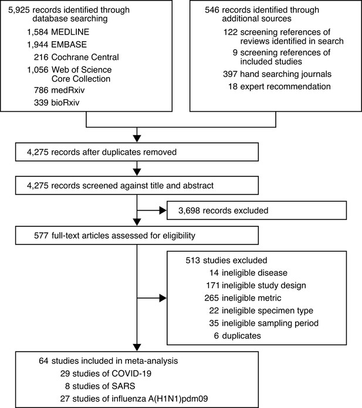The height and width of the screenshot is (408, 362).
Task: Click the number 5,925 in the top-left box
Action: click(x=19, y=10)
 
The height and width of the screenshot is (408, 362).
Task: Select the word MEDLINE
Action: click(x=70, y=32)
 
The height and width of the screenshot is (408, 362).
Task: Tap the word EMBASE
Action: click(x=69, y=45)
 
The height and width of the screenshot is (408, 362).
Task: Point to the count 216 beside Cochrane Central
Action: click(x=41, y=57)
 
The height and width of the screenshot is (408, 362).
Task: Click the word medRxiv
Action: click(x=68, y=90)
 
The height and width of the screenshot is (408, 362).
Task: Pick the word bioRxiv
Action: click(x=66, y=102)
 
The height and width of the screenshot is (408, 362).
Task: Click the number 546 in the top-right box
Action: click(x=212, y=10)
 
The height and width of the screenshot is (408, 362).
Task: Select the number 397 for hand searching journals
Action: click(x=230, y=74)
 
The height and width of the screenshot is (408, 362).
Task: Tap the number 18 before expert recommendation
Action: click(x=233, y=86)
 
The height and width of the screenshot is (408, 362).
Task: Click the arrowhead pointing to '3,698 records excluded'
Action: click(x=163, y=210)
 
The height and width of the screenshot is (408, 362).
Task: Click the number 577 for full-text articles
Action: click(x=41, y=236)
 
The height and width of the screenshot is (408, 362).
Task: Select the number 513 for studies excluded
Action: click(x=192, y=260)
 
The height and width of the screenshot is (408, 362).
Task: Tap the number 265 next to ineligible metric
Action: click(x=212, y=298)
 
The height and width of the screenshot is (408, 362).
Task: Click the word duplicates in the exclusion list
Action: click(x=241, y=336)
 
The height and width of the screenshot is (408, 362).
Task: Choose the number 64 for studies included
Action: click(x=43, y=361)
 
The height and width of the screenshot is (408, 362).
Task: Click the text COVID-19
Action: click(x=131, y=374)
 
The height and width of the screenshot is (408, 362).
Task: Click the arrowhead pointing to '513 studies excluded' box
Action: click(x=163, y=298)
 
